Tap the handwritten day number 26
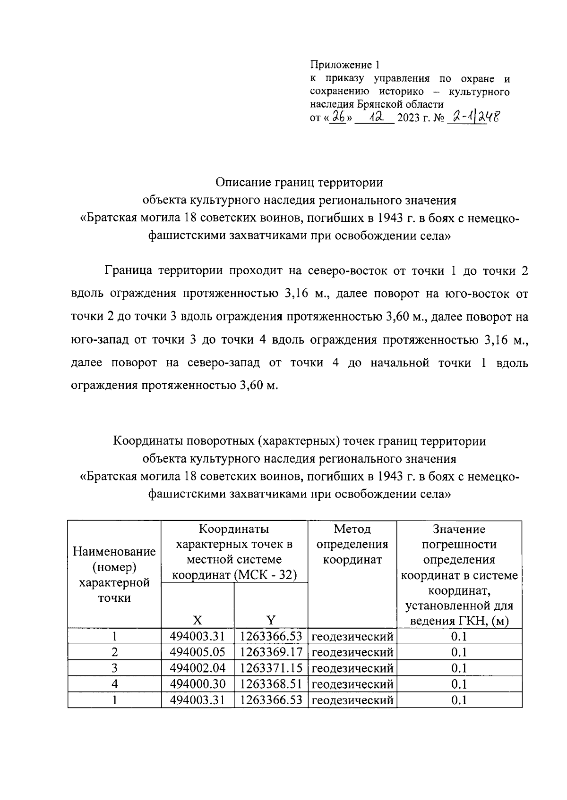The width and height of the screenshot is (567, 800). tap(339, 116)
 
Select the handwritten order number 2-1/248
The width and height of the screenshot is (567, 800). tap(473, 116)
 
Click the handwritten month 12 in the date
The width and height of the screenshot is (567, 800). tap(374, 116)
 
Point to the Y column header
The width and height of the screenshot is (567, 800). tap(271, 620)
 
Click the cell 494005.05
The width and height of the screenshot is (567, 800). tap(198, 652)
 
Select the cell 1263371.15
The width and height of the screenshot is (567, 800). tap(271, 668)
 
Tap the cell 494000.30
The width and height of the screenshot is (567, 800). tap(198, 684)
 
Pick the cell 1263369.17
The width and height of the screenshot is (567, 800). tap(271, 652)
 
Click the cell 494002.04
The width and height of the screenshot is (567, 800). tap(198, 668)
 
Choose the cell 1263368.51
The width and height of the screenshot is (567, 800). tap(271, 684)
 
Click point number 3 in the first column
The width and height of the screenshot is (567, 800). tap(114, 668)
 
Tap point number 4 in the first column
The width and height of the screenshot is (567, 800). tap(114, 684)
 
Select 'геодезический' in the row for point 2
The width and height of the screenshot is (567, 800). tap(352, 652)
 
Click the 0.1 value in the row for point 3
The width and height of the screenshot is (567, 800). tap(459, 668)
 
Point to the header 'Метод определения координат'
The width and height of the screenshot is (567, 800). tap(352, 544)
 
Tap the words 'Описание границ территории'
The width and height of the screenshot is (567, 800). tap(299, 182)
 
